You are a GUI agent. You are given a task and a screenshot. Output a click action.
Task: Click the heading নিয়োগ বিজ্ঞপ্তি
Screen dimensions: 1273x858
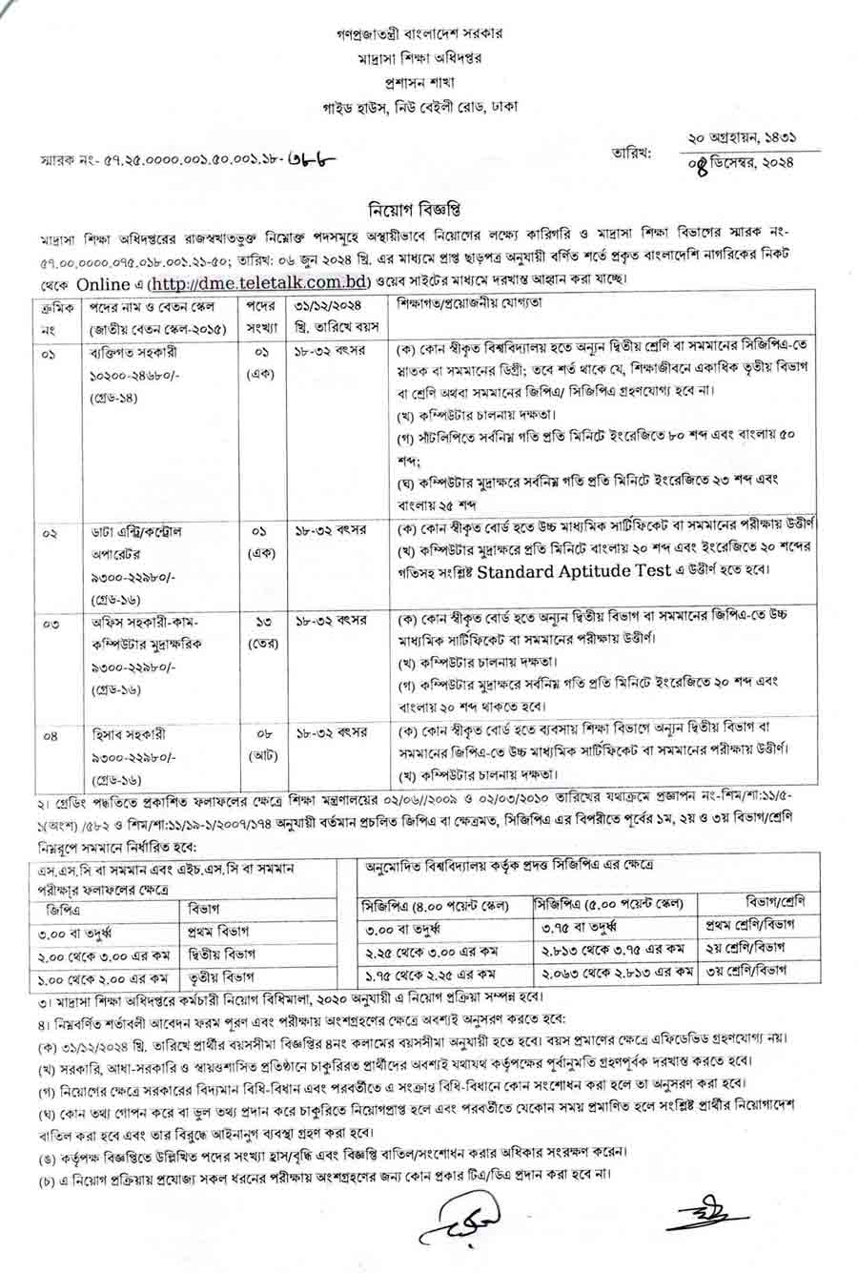tap(427, 208)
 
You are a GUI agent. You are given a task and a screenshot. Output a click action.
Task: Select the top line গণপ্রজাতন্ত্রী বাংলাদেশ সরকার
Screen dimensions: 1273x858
tap(427, 32)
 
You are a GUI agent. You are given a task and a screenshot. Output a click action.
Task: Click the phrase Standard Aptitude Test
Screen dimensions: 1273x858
tap(558, 573)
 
